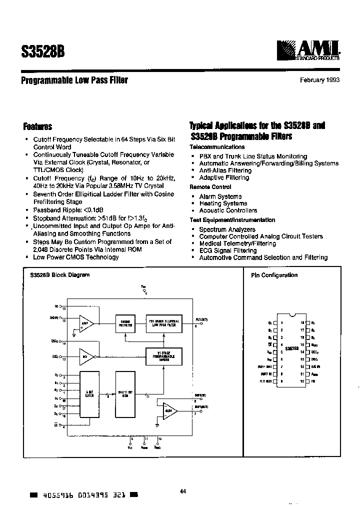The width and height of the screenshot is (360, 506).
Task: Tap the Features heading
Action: [37, 127]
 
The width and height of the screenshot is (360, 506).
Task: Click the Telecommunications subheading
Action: [217, 147]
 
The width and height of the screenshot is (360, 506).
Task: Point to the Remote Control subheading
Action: [210, 186]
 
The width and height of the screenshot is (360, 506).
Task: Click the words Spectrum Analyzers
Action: [227, 229]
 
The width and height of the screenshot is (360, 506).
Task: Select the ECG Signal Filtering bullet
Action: [227, 250]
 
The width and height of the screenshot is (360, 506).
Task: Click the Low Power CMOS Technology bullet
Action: [75, 257]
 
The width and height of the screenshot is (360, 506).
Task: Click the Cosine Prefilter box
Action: [125, 322]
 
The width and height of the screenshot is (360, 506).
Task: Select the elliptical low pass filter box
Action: [163, 322]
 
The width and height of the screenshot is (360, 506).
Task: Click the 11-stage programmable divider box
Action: [163, 355]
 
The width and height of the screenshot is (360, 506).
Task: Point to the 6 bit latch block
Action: [90, 395]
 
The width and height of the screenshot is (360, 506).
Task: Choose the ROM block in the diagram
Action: [125, 395]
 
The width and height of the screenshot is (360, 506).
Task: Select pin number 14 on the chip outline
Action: [302, 352]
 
